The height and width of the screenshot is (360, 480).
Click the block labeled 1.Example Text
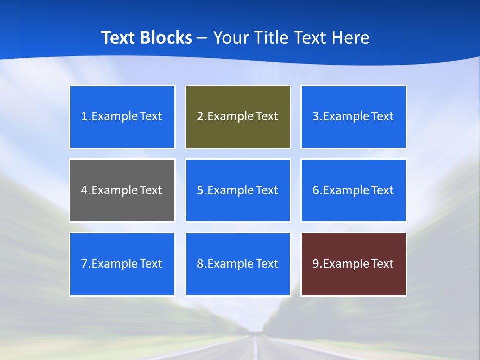pos(122,117)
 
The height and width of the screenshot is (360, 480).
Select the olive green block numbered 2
pos(238,117)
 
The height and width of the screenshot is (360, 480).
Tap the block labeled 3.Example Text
pos(353,117)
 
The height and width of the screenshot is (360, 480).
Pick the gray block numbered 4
pos(122,190)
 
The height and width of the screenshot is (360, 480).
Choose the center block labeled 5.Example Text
pos(238,190)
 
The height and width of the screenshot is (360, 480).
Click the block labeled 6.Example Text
pos(353,190)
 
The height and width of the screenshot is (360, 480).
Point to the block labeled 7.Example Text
pos(122,264)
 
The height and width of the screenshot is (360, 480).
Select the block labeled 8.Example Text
pos(238,264)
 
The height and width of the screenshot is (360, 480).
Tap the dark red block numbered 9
pos(353,264)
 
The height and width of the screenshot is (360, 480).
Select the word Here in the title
pos(351,38)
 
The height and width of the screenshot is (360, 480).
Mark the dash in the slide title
pos(202,38)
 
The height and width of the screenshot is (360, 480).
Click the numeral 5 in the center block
pos(200,190)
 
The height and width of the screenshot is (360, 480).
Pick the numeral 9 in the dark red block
pos(316,264)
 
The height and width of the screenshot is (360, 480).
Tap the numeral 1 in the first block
pos(84,117)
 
